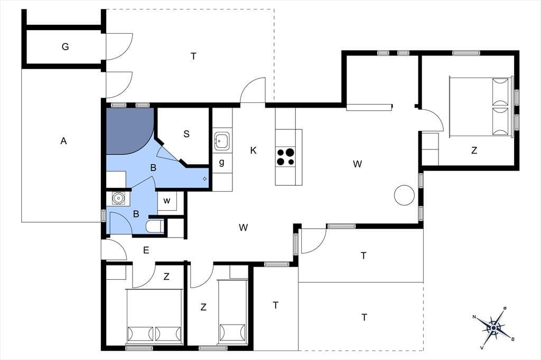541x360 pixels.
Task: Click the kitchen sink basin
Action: (x=221, y=141)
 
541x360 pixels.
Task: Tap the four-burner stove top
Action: (x=285, y=157)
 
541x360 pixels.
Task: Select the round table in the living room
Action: (x=404, y=195)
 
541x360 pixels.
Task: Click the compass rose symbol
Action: (x=494, y=328)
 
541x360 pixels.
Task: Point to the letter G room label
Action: (x=65, y=46)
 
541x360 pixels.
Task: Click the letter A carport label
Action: (x=63, y=141)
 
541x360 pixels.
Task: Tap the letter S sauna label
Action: (x=186, y=134)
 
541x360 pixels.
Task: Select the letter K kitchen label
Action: (x=253, y=150)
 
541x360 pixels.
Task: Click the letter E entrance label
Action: (x=146, y=250)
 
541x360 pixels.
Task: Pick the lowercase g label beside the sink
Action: (x=221, y=162)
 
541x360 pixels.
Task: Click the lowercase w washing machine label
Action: (x=166, y=201)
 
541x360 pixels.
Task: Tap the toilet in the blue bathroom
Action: (x=154, y=226)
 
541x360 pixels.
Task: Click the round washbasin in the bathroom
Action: (x=118, y=198)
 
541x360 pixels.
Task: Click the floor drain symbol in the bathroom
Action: (x=204, y=178)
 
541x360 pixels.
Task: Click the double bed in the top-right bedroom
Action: (x=480, y=107)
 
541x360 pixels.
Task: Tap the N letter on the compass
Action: (x=474, y=317)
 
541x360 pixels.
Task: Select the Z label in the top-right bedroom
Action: (x=474, y=150)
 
